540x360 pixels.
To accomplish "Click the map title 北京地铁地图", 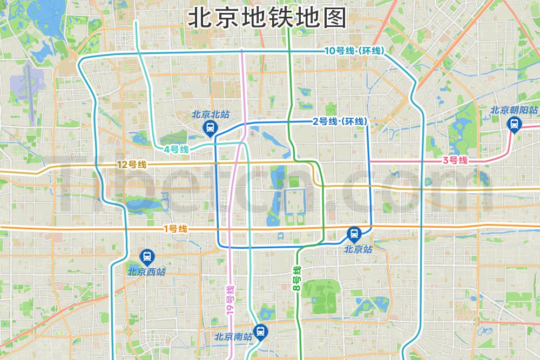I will tap(267, 18).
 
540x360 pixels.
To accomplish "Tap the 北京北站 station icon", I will tap(209, 128).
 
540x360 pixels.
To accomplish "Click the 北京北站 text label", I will tap(210, 114).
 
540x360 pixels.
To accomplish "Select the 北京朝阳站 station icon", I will tap(514, 124).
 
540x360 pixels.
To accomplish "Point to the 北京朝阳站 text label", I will tap(514, 111).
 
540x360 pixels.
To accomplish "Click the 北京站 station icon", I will tap(354, 234).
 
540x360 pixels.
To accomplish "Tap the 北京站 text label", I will tap(358, 249).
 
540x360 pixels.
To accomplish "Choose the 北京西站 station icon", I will tap(146, 257).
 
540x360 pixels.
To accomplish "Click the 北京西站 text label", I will tap(146, 271).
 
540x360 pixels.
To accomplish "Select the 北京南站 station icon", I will tap(261, 331).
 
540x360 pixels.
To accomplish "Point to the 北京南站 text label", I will tap(233, 337).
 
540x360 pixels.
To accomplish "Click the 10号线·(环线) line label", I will tap(354, 51).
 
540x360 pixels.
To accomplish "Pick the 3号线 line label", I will tap(454, 160).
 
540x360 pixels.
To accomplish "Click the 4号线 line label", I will tap(177, 149).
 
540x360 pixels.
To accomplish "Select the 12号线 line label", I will tap(132, 165).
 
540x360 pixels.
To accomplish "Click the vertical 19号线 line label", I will tap(230, 300).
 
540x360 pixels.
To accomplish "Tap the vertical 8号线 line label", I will tap(296, 279).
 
